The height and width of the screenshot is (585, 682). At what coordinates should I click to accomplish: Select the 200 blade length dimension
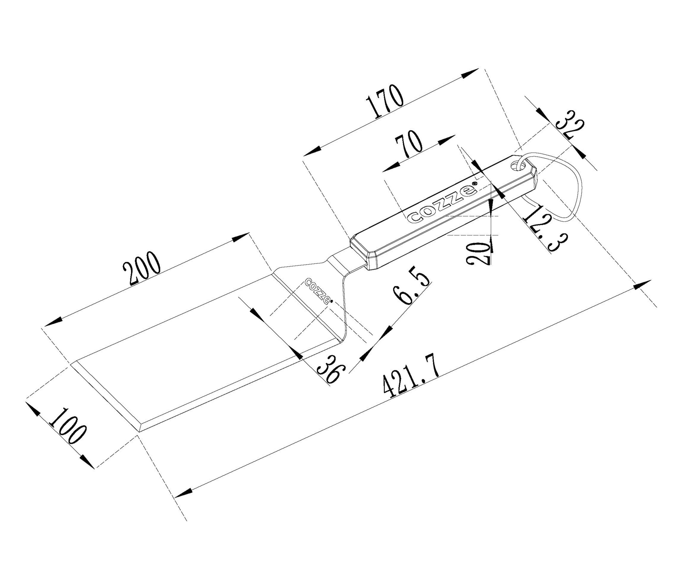142,268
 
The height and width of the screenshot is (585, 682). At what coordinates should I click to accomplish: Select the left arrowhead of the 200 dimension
53,321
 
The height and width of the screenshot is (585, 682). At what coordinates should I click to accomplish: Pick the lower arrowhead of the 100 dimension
86,461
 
